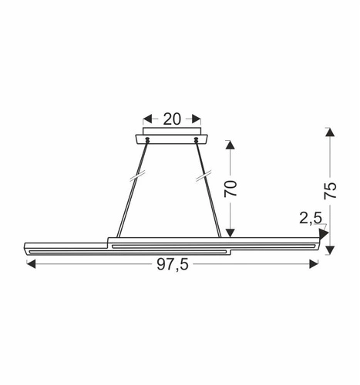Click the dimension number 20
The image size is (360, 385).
pyautogui.click(x=171, y=119)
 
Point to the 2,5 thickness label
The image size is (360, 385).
pyautogui.click(x=310, y=219)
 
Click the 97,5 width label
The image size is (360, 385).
pyautogui.click(x=172, y=265)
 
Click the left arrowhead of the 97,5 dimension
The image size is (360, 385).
pyautogui.click(x=30, y=264)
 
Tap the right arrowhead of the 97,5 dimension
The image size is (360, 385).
pyautogui.click(x=315, y=264)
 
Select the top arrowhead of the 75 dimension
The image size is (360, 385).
pyautogui.click(x=329, y=132)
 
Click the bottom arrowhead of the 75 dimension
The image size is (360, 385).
pyautogui.click(x=329, y=250)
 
